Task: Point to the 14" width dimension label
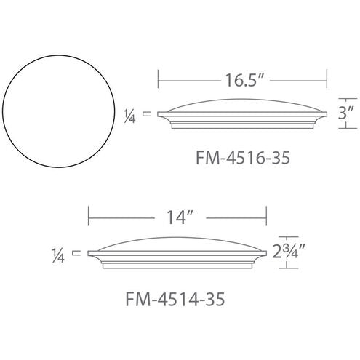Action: [179, 217]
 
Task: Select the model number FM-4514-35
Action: [173, 299]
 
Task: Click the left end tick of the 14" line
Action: [89, 216]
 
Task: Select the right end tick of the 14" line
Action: [268, 216]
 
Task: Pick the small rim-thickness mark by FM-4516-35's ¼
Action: [147, 113]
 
